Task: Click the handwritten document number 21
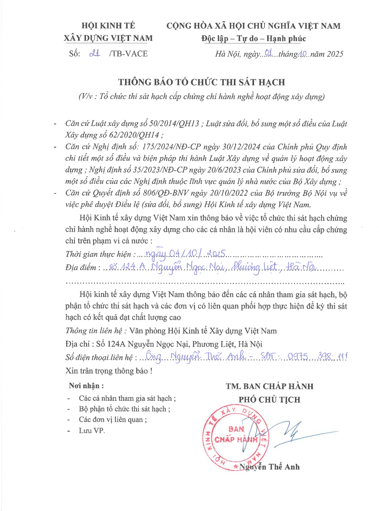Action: (x=92, y=53)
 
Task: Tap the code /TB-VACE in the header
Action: (x=128, y=54)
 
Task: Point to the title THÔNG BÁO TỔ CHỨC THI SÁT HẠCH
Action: (x=202, y=82)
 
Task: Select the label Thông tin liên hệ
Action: (x=96, y=331)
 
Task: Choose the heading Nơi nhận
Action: (x=83, y=386)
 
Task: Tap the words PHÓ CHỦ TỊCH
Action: (x=269, y=400)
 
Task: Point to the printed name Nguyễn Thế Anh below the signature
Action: (x=269, y=467)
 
